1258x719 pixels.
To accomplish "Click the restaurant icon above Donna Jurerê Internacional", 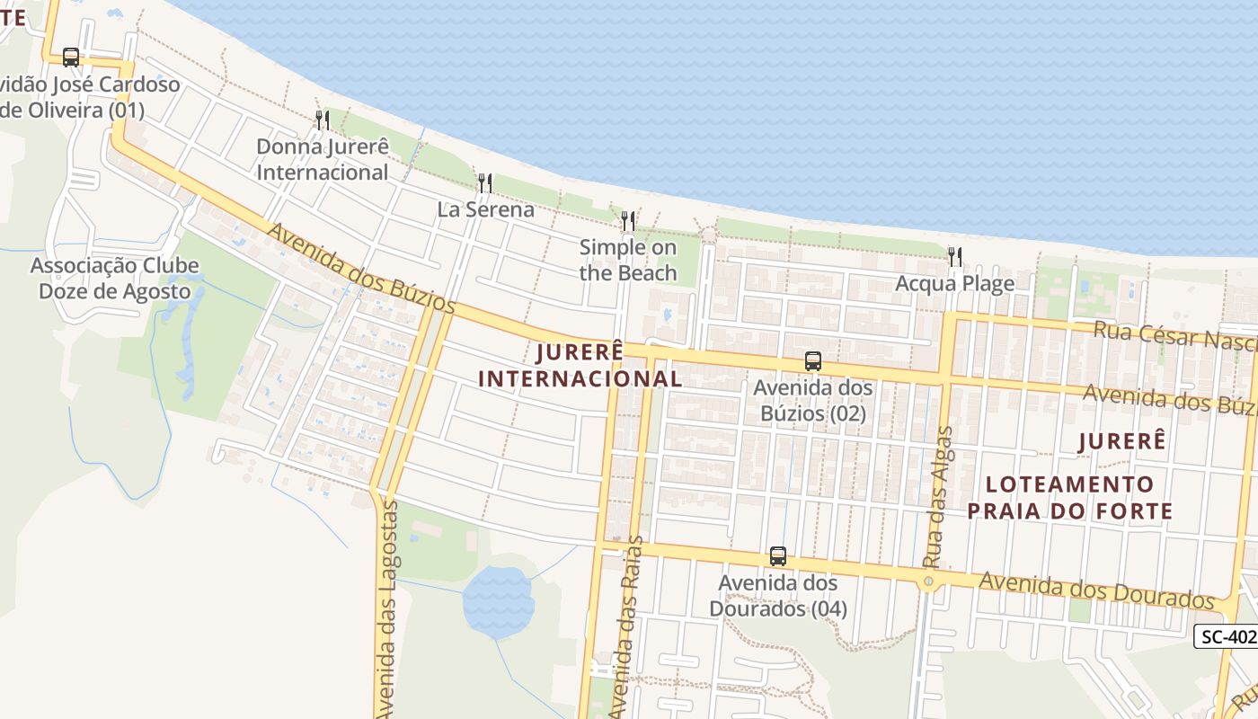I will point(323,120).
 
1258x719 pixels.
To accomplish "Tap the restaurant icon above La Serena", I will point(485,183).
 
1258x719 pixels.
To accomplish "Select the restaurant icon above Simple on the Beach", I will point(628,220).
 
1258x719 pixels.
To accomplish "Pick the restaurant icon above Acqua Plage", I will point(954,257).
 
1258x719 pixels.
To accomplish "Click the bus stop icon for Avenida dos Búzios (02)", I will point(813,361).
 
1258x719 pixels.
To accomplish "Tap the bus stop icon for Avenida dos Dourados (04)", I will point(778,556).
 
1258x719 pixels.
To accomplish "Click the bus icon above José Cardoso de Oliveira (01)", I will point(71,58).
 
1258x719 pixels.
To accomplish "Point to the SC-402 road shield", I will point(1227,636).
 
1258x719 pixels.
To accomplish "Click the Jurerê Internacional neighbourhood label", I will point(580,366).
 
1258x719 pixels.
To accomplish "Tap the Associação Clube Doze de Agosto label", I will point(114,279).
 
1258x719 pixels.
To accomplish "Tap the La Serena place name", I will point(485,209).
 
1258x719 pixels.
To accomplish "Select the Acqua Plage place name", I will point(954,284).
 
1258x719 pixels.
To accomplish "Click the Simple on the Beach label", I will point(628,260).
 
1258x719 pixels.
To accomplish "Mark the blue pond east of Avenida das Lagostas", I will point(497,600).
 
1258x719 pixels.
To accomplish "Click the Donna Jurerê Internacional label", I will point(323,159).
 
